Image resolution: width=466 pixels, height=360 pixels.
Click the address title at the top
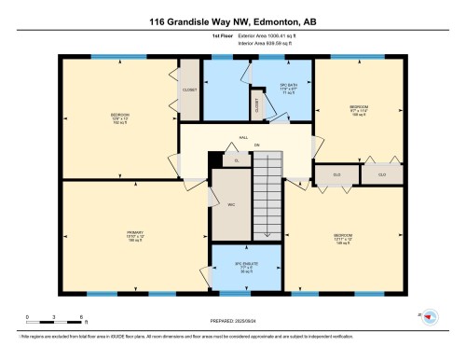(x=232, y=16)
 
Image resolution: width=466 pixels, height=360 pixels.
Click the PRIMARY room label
(x=136, y=234)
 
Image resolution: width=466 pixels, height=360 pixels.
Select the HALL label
(x=243, y=137)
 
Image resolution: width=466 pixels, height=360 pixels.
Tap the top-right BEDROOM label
(x=359, y=110)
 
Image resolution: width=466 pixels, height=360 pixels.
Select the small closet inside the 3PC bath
(x=257, y=104)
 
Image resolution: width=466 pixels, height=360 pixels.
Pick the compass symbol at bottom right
(x=430, y=317)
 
